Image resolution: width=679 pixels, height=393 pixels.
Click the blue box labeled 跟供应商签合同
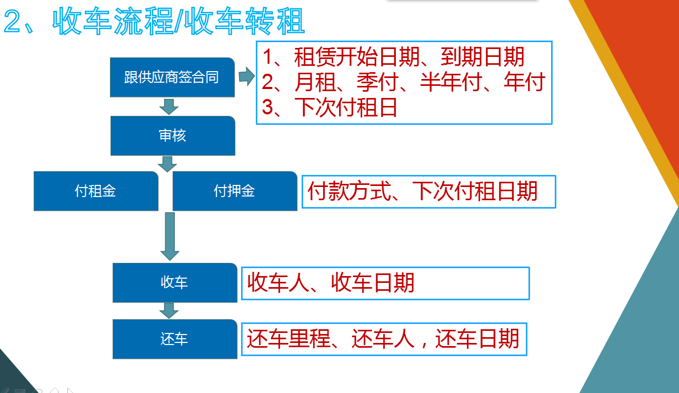pos(172,77)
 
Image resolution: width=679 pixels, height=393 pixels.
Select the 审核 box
pos(173,135)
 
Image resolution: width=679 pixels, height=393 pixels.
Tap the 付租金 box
pos(96,191)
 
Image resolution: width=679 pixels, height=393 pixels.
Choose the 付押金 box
pos(235,191)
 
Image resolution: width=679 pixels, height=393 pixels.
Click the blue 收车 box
pos(175,282)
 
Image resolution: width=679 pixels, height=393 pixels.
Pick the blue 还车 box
pos(175,339)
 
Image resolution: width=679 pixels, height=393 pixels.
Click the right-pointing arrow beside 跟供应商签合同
pos(247,76)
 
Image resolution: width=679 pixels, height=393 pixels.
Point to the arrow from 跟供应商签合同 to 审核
pos(169,106)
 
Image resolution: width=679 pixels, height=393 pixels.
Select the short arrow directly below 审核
pos(167,164)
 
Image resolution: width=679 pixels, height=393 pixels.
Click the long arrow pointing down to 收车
pos(169,237)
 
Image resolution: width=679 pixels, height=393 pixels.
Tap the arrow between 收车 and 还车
pos(169,310)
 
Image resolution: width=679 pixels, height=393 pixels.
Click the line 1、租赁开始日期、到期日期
pos(393,57)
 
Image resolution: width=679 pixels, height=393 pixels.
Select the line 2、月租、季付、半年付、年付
pos(404,82)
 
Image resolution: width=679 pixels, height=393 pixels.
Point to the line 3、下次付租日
pos(329,107)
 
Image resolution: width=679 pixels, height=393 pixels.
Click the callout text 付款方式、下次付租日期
pos(423,191)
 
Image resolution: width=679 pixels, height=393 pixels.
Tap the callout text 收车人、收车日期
pos(331,282)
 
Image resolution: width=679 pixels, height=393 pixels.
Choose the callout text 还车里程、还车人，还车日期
pos(383,339)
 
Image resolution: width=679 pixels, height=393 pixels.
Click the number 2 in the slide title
pos(13,21)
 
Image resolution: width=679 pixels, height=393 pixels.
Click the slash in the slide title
pos(179,21)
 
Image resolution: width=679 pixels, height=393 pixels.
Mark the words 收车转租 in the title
pos(244,21)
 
